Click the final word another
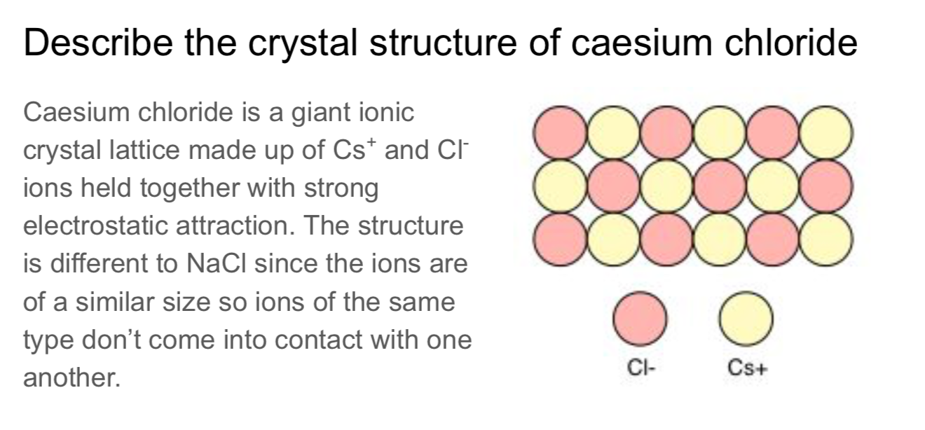(71, 378)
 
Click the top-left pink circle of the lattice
(559, 132)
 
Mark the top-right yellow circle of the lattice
(827, 132)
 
